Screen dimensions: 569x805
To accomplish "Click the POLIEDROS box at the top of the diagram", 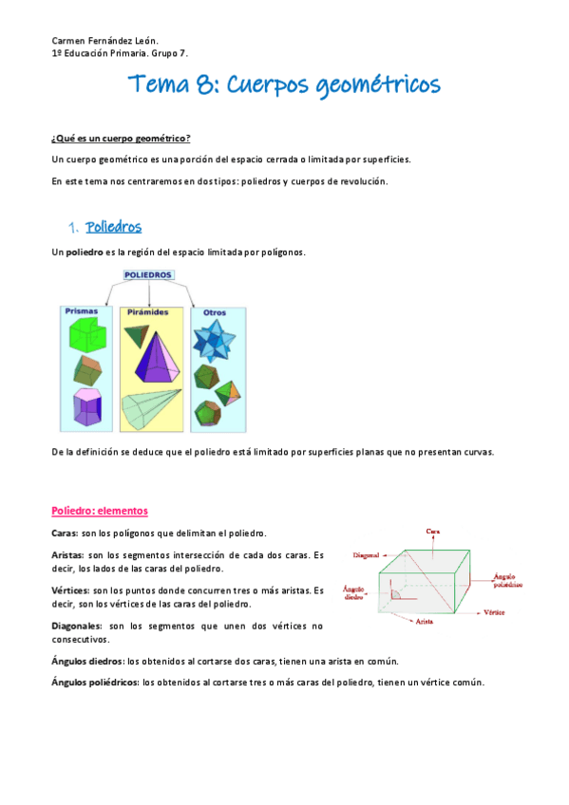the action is pyautogui.click(x=147, y=275).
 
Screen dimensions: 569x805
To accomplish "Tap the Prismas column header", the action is pyautogui.click(x=82, y=310).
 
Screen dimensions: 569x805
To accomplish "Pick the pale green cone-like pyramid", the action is pyautogui.click(x=148, y=407).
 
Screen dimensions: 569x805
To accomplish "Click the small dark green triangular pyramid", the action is pyautogui.click(x=136, y=333).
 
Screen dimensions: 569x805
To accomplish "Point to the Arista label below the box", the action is pyautogui.click(x=426, y=622).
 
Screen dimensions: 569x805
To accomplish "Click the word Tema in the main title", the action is pyautogui.click(x=160, y=85).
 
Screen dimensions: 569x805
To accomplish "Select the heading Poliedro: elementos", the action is pyautogui.click(x=100, y=511).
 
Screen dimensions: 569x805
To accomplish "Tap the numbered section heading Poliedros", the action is pyautogui.click(x=113, y=227).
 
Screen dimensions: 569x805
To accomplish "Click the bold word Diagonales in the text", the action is pyautogui.click(x=76, y=626).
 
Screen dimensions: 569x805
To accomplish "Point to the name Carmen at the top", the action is pyautogui.click(x=69, y=43).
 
